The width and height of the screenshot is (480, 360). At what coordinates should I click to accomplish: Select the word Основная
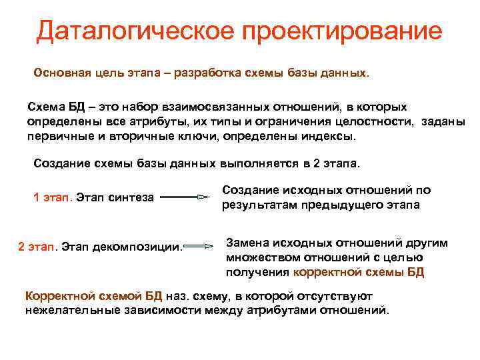tap(61, 71)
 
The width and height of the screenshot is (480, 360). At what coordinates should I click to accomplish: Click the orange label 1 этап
tap(53, 197)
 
